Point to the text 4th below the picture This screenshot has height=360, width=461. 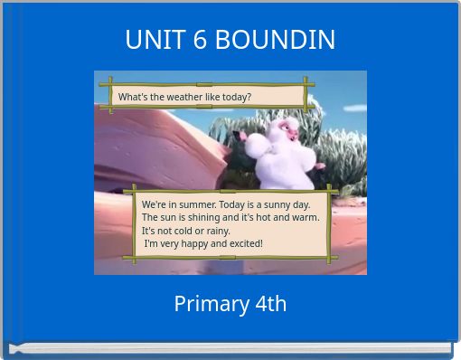point(266,304)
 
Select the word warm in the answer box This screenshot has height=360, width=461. point(305,218)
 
